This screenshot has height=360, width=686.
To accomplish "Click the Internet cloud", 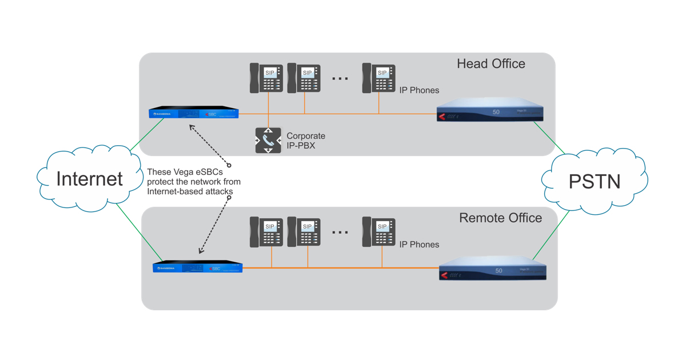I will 89,178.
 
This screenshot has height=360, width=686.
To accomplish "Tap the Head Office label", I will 490,63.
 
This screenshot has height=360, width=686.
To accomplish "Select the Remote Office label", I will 500,218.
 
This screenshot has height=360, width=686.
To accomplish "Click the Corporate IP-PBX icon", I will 268,140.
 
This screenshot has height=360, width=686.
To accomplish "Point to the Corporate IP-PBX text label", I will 306,140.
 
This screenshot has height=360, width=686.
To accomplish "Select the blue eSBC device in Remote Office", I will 198,267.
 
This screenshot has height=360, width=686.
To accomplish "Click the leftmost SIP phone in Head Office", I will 266,78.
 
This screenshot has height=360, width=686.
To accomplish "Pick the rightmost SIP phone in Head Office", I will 378,78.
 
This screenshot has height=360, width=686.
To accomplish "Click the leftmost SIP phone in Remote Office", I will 266,231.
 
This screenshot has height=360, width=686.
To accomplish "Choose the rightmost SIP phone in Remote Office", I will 378,231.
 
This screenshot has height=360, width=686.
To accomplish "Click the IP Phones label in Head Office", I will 419,90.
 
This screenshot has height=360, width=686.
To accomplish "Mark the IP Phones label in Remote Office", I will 419,245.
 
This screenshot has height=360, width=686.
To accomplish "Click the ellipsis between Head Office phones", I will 340,79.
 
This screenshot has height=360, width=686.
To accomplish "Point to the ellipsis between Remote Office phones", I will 340,233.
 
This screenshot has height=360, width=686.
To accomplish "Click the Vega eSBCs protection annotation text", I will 193,181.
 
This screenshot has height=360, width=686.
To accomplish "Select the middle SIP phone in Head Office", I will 304,78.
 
